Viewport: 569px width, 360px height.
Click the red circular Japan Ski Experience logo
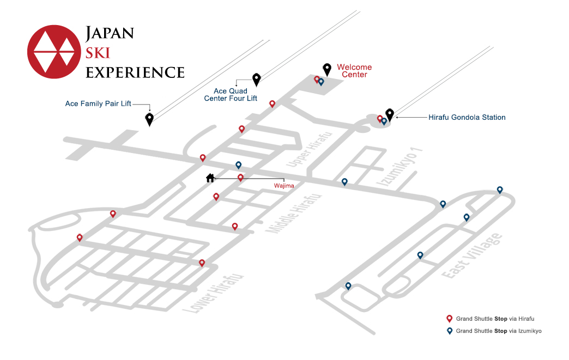click(x=54, y=52)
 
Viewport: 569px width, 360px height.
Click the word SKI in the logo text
click(x=98, y=53)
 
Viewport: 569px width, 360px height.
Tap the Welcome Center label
click(x=354, y=71)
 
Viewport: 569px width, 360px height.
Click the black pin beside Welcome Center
click(x=327, y=69)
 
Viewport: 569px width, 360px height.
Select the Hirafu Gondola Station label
click(x=467, y=117)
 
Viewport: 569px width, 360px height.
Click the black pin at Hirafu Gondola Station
click(x=389, y=114)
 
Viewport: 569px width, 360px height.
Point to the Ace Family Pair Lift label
click(x=98, y=103)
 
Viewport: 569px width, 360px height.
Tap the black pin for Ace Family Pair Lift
click(x=149, y=119)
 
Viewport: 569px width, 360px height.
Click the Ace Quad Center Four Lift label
click(x=231, y=95)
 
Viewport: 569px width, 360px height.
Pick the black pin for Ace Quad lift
click(x=257, y=80)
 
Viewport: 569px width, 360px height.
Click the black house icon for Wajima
click(x=210, y=178)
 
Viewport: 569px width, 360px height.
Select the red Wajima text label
click(x=284, y=186)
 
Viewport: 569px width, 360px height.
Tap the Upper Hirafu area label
click(x=309, y=149)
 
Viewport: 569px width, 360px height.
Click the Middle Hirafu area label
click(x=294, y=213)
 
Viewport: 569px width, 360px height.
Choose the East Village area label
click(x=472, y=256)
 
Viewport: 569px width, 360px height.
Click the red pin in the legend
click(x=449, y=319)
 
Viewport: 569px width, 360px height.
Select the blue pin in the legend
click(x=449, y=331)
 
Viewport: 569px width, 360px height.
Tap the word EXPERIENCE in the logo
click(x=135, y=72)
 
